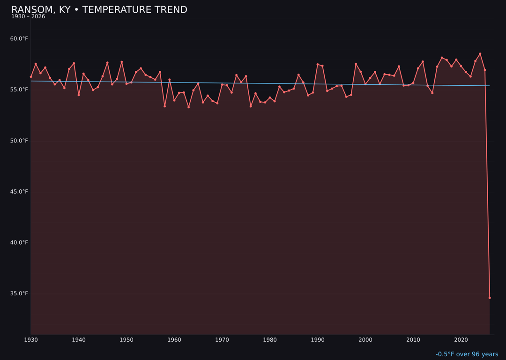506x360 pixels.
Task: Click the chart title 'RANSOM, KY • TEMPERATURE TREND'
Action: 99,10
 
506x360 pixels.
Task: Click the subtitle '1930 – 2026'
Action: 28,17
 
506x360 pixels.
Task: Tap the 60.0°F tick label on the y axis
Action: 19,39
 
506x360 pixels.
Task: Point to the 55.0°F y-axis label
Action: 19,90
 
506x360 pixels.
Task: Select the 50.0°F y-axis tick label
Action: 19,141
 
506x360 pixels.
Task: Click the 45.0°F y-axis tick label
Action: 19,192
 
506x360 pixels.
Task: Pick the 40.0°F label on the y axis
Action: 19,243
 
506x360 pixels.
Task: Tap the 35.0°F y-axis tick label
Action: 19,294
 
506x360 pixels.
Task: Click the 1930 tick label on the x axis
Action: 31,340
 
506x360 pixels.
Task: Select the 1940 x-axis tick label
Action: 79,340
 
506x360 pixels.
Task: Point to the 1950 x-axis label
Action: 126,340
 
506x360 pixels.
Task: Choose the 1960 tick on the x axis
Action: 174,340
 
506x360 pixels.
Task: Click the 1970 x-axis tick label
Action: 222,340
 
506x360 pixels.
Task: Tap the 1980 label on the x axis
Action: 270,340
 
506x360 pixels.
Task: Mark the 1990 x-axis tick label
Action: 318,340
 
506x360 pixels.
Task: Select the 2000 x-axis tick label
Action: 365,340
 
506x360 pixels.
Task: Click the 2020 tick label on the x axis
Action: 461,340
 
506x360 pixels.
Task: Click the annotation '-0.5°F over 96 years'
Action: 467,354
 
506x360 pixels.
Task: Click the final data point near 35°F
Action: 490,298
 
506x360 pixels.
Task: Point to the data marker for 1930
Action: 31,76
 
